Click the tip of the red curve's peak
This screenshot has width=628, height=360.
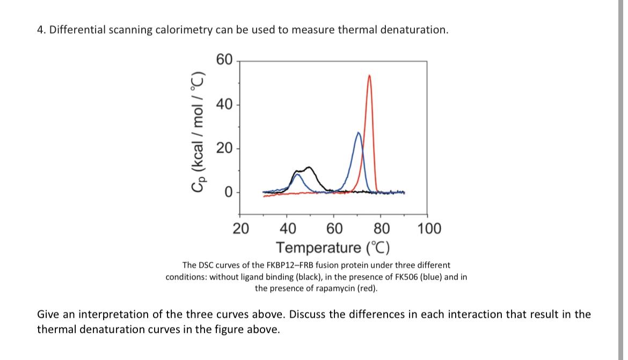369,76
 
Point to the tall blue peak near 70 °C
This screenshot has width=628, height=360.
359,132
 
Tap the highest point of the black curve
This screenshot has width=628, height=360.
309,167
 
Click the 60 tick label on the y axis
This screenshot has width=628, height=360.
224,59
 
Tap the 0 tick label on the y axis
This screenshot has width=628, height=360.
228,193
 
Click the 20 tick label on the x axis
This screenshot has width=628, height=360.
240,229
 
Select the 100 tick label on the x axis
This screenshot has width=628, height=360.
429,229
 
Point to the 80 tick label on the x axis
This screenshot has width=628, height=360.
382,229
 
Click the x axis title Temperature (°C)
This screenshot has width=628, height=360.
333,248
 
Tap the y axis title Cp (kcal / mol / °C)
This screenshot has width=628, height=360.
198,130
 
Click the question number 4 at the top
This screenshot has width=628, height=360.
40,30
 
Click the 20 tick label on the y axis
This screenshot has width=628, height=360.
224,149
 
